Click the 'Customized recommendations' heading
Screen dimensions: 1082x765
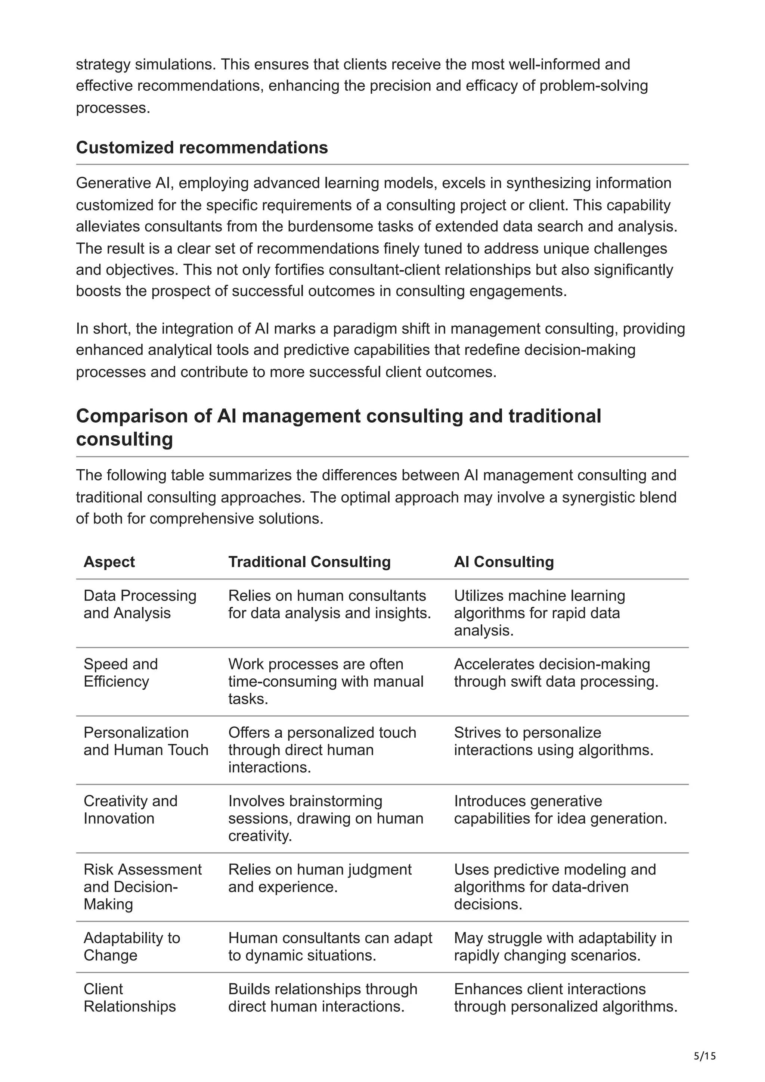pyautogui.click(x=202, y=147)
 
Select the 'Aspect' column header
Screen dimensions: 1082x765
pyautogui.click(x=109, y=562)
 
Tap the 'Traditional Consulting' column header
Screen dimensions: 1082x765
pyautogui.click(x=309, y=562)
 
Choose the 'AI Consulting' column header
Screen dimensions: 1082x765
pyautogui.click(x=504, y=562)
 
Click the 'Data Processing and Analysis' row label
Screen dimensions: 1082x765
pyautogui.click(x=140, y=604)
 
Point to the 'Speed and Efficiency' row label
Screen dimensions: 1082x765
pyautogui.click(x=121, y=672)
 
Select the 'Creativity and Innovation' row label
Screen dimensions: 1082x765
pyautogui.click(x=130, y=809)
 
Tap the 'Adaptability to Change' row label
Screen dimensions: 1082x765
pyautogui.click(x=131, y=946)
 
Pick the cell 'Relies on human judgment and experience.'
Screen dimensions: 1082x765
pyautogui.click(x=320, y=878)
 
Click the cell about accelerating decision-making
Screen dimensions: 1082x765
pyautogui.click(x=556, y=672)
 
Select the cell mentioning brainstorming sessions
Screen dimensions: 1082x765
pyautogui.click(x=325, y=818)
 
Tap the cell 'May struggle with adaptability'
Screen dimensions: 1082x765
pyautogui.click(x=563, y=946)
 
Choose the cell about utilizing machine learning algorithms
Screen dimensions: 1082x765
pyautogui.click(x=539, y=613)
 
